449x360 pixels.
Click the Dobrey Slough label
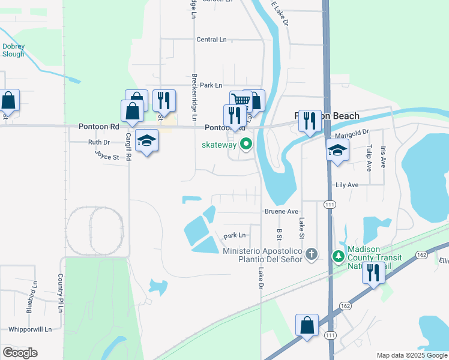click(13, 50)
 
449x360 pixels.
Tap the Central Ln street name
click(211, 40)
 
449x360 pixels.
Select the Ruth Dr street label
click(98, 142)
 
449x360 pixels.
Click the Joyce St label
click(107, 155)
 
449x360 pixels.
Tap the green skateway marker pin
click(246, 144)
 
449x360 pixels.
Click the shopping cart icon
click(240, 101)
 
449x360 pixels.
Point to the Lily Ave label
click(347, 185)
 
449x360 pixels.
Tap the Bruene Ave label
click(282, 211)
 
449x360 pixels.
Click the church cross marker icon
click(311, 254)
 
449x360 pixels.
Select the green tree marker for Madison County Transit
click(339, 256)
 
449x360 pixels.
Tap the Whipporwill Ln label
click(30, 329)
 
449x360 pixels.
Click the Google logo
click(20, 353)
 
